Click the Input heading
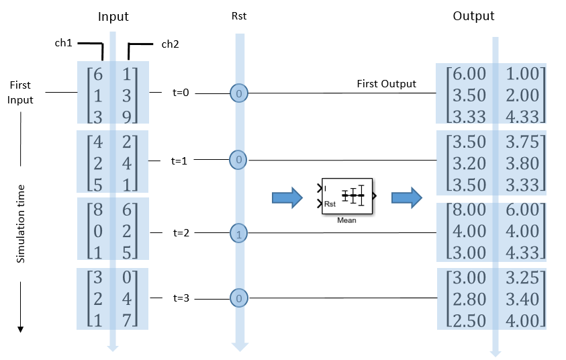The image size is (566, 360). tap(113, 16)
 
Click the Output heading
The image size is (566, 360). tap(473, 16)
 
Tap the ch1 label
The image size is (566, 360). tap(64, 43)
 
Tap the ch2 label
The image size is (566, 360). tap(170, 45)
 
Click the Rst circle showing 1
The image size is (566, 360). tap(239, 234)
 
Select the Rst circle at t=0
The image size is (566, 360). tap(239, 93)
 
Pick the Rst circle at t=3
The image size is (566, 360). tap(239, 298)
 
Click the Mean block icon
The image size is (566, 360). tap(347, 196)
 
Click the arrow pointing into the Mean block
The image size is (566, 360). tap(287, 197)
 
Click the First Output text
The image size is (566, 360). tap(386, 84)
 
